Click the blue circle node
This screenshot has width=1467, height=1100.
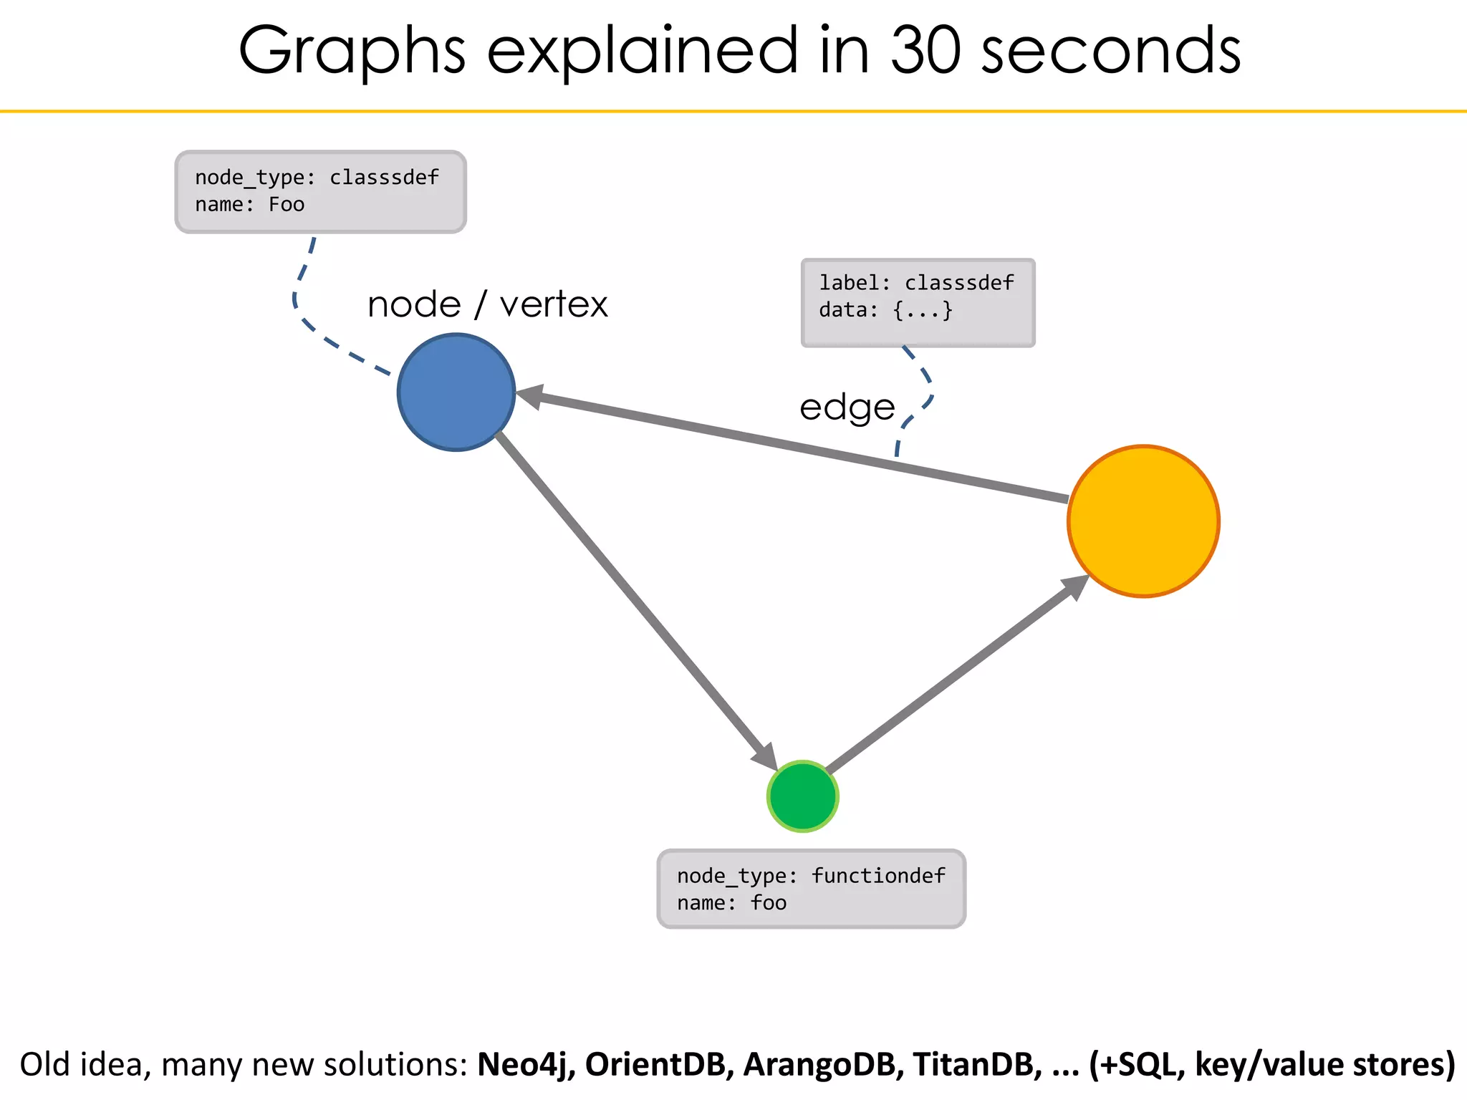tap(456, 392)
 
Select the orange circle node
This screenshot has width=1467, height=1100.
tap(1143, 521)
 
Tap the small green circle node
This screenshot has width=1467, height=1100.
tap(802, 796)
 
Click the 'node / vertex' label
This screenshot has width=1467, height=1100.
tap(487, 304)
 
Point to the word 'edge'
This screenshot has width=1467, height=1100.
tap(847, 407)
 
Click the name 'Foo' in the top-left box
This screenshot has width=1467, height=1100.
tap(287, 205)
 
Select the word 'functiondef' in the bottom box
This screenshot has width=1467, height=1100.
tap(878, 876)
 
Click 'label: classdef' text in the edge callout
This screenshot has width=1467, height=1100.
tap(916, 283)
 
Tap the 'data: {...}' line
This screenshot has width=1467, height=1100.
tap(885, 310)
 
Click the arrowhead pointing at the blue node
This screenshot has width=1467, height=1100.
tap(530, 395)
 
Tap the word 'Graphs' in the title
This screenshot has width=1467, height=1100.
tap(352, 52)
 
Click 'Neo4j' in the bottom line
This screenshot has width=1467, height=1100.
tap(526, 1064)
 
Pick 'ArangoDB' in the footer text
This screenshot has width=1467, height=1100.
tap(819, 1064)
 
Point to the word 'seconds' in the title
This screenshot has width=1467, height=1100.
tap(1110, 52)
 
